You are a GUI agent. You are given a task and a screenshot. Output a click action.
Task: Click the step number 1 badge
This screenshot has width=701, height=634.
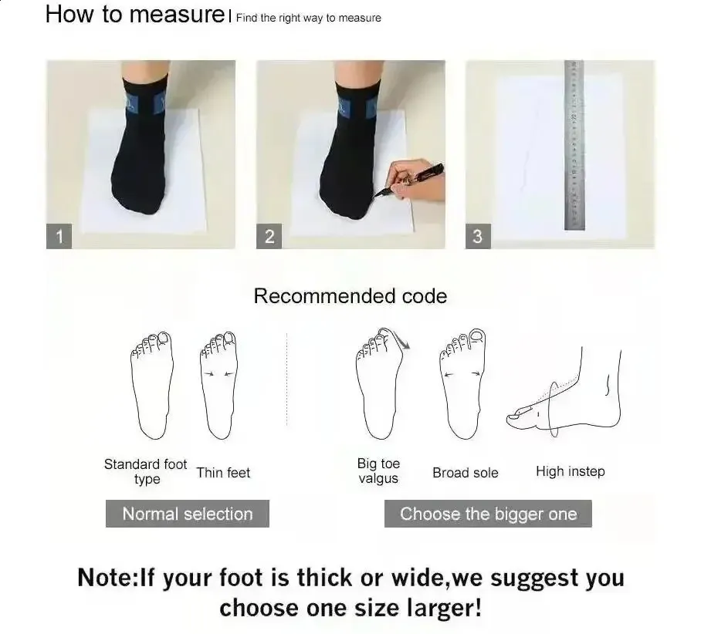tap(59, 236)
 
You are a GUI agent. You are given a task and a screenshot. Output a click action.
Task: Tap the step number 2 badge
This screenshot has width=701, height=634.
tap(269, 236)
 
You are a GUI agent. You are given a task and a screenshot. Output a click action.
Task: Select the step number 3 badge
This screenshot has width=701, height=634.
tap(478, 236)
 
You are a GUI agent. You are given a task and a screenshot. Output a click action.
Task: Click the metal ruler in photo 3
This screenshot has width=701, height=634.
tap(574, 145)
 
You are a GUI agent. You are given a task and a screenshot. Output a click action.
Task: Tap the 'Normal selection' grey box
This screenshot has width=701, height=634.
tap(188, 514)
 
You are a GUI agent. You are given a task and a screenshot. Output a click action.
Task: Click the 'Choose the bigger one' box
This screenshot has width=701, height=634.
tap(488, 514)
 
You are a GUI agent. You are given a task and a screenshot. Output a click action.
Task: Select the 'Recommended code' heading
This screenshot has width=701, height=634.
tap(350, 296)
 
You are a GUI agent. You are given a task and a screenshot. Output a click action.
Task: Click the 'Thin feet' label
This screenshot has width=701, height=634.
tap(224, 472)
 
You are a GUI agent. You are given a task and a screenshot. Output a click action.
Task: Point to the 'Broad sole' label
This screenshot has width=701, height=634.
tap(466, 472)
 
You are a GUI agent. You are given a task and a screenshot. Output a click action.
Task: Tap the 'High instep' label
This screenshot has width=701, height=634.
tap(571, 471)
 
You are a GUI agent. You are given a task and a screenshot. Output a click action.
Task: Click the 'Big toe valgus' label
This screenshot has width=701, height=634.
tap(378, 470)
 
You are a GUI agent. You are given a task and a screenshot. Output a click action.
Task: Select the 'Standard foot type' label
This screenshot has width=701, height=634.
tap(146, 471)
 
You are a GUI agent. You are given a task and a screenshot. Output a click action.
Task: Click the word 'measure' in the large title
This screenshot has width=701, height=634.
tap(178, 15)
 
